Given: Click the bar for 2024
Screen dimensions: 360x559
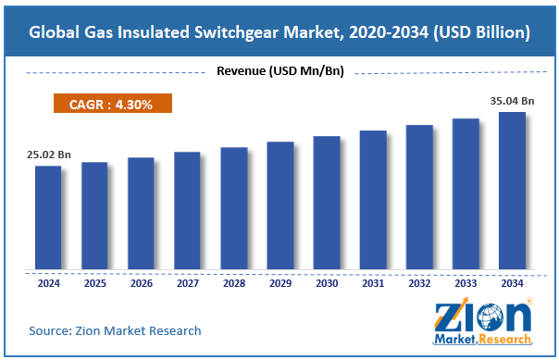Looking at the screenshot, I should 48,218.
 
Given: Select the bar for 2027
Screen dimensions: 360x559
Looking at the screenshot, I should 187,211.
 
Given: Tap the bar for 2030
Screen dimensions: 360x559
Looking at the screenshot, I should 326,204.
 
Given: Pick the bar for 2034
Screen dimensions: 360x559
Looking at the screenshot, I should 512,192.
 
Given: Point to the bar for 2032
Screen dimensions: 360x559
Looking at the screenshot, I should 419,198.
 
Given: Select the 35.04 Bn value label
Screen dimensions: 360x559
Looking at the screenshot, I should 511,101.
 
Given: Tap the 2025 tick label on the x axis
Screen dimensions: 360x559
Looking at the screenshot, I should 94,283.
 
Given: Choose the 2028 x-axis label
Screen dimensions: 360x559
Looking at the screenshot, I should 233,283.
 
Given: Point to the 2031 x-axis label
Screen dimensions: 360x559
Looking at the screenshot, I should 373,283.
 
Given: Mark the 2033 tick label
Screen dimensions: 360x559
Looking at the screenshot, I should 466,283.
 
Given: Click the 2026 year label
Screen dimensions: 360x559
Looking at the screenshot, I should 141,283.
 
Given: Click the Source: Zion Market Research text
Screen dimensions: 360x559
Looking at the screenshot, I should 116,329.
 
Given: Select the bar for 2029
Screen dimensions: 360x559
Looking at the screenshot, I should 279,206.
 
